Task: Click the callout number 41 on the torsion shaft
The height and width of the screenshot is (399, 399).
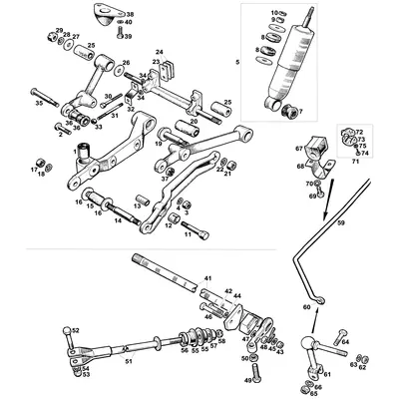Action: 208,276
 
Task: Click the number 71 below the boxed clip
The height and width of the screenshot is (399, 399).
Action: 353,160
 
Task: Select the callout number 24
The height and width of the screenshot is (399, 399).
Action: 158,52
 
